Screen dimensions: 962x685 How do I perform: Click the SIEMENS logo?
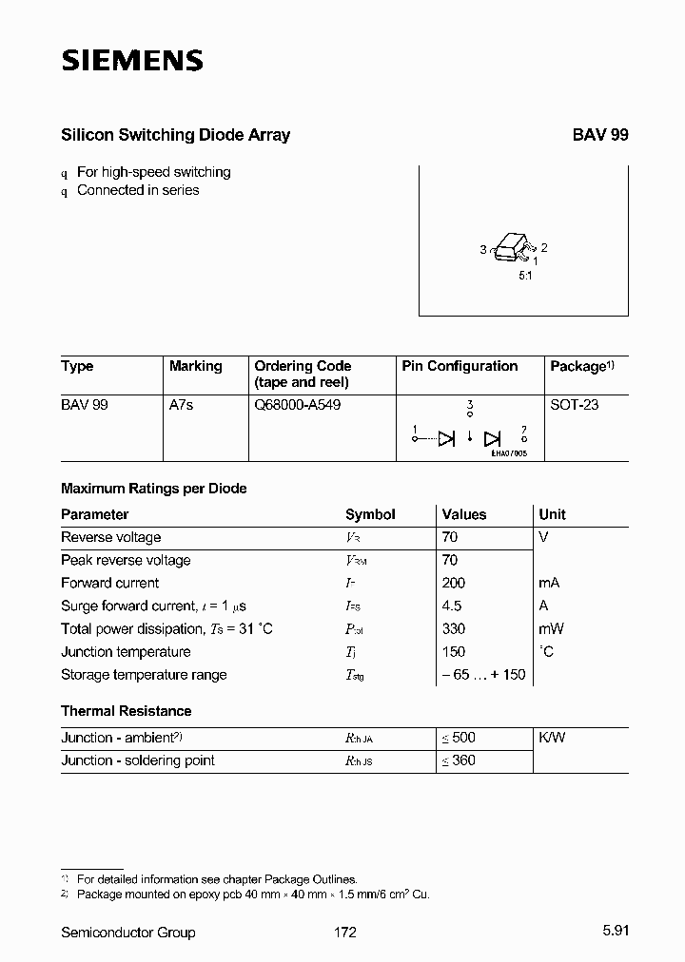coord(132,61)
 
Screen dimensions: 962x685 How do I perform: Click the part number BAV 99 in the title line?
coord(599,135)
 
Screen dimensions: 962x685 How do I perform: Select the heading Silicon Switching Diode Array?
coord(175,135)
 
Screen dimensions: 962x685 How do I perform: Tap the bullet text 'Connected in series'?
coord(138,190)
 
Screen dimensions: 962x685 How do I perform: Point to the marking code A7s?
coord(181,405)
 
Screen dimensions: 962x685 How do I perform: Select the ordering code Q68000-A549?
coord(297,405)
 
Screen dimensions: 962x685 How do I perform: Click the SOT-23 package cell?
coord(575,405)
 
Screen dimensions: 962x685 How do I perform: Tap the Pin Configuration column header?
coord(460,366)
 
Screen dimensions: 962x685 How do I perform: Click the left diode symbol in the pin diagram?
coord(446,438)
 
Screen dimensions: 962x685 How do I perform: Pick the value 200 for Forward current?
coord(454,583)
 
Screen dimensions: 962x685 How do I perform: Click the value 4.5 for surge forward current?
coord(452,606)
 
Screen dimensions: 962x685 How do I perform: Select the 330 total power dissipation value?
coord(454,628)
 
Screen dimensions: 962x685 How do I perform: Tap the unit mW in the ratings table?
coord(552,628)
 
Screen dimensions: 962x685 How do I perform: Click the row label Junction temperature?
coord(126,652)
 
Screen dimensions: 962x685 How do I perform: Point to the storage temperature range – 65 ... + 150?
coord(483,675)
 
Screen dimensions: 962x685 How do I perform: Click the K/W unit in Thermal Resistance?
coord(553,738)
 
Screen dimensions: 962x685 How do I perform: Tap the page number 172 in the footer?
coord(345,933)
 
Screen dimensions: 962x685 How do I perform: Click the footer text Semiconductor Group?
coord(128,933)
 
